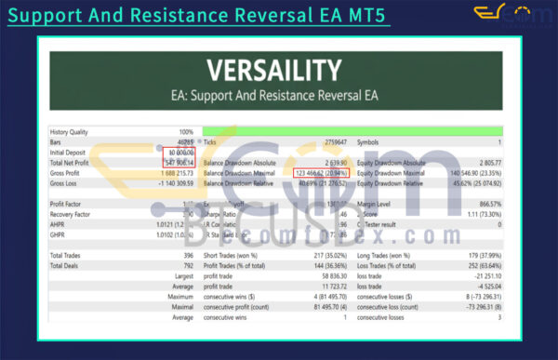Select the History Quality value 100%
(x=186, y=132)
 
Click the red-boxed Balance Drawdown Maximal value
(x=321, y=173)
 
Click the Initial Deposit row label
(x=73, y=153)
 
